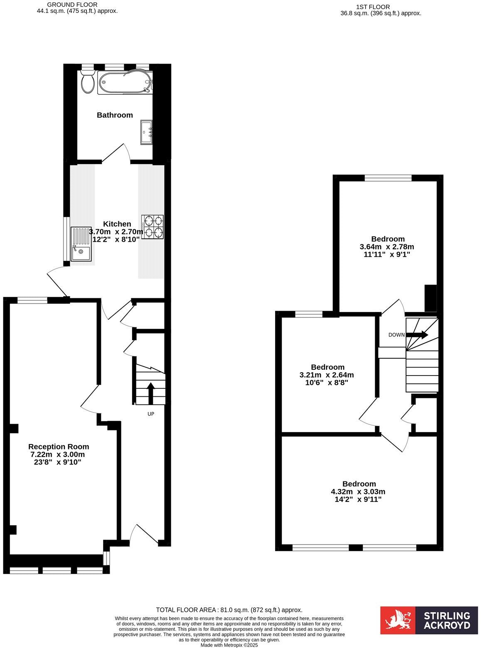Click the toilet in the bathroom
88,82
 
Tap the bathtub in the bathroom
125,82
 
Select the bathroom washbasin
147,132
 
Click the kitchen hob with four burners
152,227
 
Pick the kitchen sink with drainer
81,244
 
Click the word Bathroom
115,115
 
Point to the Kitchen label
117,224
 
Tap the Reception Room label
59,447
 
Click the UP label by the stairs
151,414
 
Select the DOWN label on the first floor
396,335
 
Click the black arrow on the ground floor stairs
150,393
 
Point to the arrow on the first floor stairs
418,335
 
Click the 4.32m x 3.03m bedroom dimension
358,491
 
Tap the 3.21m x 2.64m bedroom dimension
327,375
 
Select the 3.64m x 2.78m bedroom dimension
387,246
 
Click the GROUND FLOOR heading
72,5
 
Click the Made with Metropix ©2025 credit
229,645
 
